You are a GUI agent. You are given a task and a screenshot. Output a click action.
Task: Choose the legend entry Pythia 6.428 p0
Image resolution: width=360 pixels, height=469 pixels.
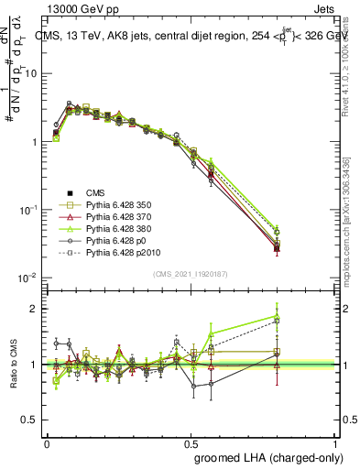121,240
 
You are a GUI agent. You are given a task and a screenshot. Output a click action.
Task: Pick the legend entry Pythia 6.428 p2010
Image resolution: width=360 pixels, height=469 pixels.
127,252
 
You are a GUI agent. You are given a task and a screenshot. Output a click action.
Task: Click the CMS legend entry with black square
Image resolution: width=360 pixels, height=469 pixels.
96,192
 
